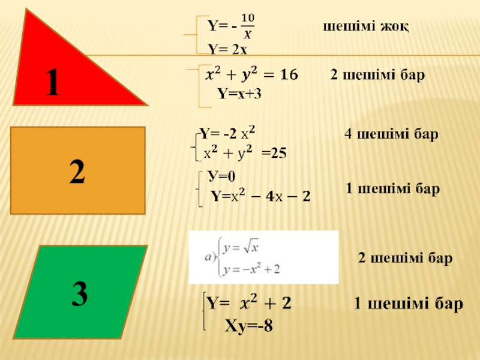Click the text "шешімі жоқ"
(x=366, y=28)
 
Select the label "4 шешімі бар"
(x=391, y=134)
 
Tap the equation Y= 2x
(x=223, y=49)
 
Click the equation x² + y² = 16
(x=251, y=75)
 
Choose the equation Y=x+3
(x=239, y=94)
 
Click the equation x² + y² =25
(x=245, y=153)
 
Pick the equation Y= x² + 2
(x=249, y=303)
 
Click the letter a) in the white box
(x=210, y=258)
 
